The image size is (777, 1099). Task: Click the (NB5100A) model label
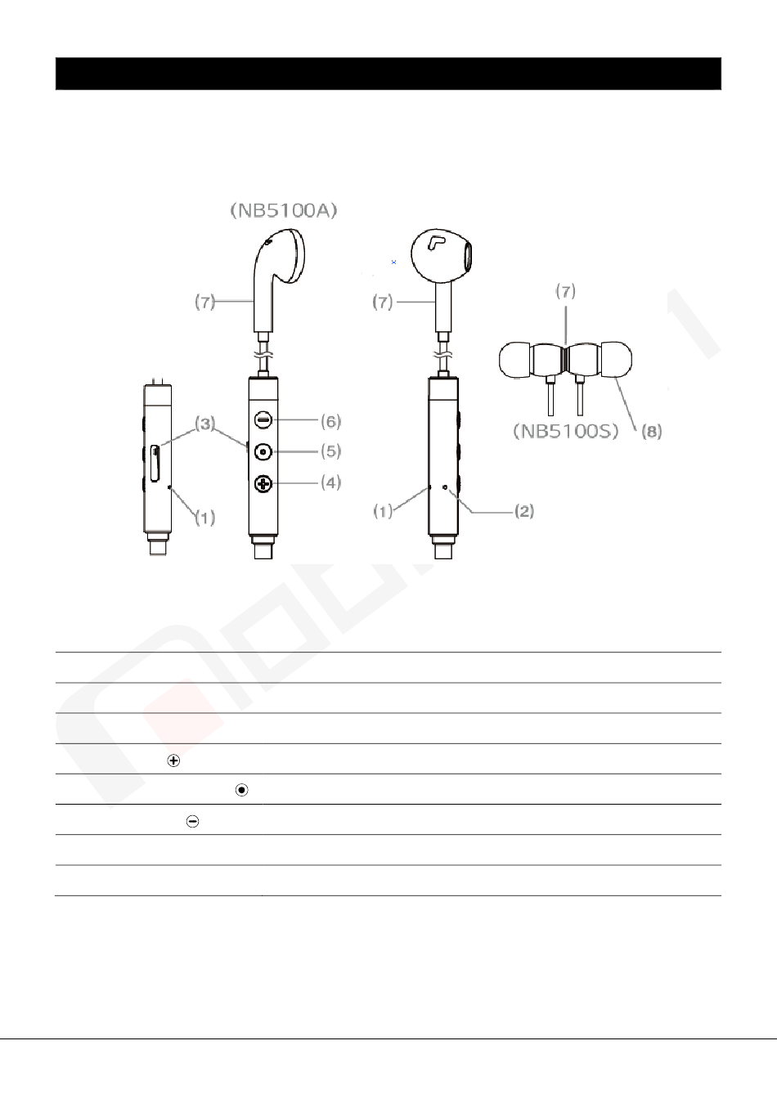(x=284, y=210)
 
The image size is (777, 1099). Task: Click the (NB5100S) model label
(x=565, y=431)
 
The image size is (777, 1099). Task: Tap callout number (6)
(x=330, y=421)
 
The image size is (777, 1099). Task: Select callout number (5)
(x=330, y=451)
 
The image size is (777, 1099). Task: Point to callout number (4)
(x=330, y=482)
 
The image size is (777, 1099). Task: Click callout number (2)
(x=524, y=511)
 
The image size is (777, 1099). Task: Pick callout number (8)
(x=652, y=431)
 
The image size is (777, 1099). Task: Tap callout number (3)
(x=205, y=423)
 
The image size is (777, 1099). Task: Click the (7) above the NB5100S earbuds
(x=565, y=291)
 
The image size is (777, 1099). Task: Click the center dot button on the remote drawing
(x=263, y=451)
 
